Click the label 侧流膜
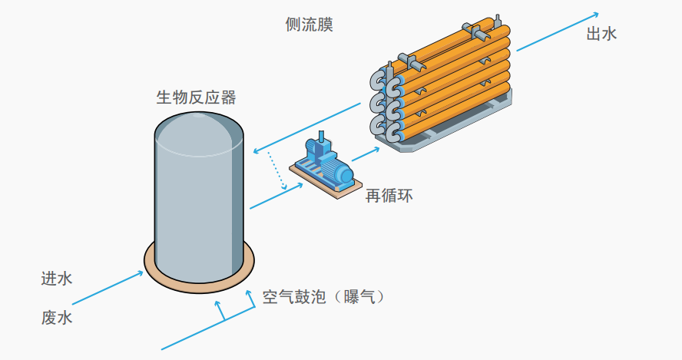[x=309, y=25]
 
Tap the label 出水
[x=601, y=34]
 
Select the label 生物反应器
[x=196, y=97]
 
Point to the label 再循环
[x=389, y=196]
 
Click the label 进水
[x=57, y=279]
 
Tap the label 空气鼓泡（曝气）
[x=323, y=296]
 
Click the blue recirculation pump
[x=326, y=161]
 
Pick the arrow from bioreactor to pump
[x=274, y=197]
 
